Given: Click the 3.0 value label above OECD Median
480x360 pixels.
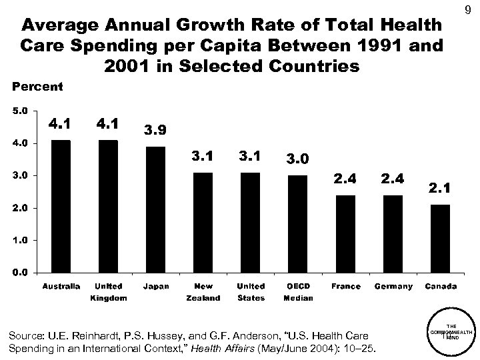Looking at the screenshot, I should [x=298, y=160].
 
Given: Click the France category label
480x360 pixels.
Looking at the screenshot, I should [x=345, y=287].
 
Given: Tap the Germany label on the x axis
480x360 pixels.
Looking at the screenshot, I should [x=393, y=287].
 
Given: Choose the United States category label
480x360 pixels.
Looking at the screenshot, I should [x=251, y=292].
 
